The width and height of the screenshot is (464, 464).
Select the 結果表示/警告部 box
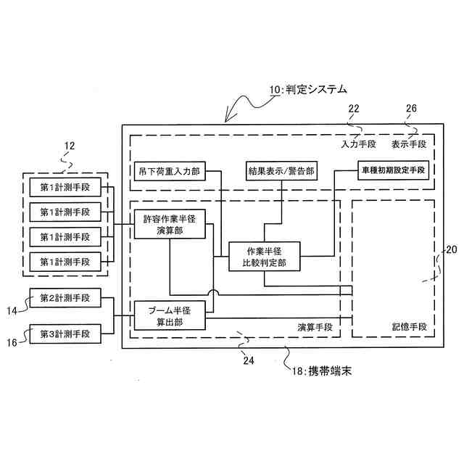point(281,172)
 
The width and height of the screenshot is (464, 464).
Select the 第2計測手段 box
point(65,298)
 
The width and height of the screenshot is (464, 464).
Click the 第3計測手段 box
point(65,334)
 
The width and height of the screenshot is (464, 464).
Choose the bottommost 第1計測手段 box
point(65,261)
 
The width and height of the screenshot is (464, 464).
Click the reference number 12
point(69,146)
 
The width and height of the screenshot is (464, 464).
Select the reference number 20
point(450,250)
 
